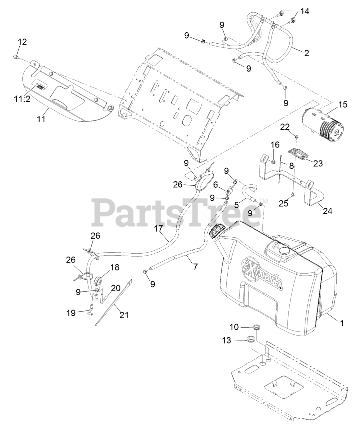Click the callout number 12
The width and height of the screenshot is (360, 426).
[x=22, y=42]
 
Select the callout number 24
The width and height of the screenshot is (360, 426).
[x=327, y=210]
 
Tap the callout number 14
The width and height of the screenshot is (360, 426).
[x=304, y=12]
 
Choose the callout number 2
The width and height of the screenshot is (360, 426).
[x=306, y=53]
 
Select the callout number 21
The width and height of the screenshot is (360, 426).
[x=124, y=315]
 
